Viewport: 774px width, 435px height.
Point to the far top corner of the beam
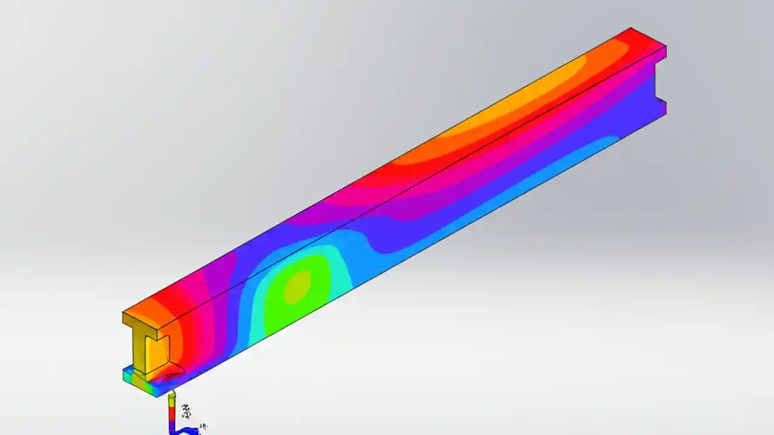coord(631,28)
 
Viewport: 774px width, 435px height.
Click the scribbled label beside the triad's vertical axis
coord(186,412)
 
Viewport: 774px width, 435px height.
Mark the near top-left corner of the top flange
coord(124,313)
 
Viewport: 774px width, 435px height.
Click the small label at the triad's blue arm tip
coord(203,427)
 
